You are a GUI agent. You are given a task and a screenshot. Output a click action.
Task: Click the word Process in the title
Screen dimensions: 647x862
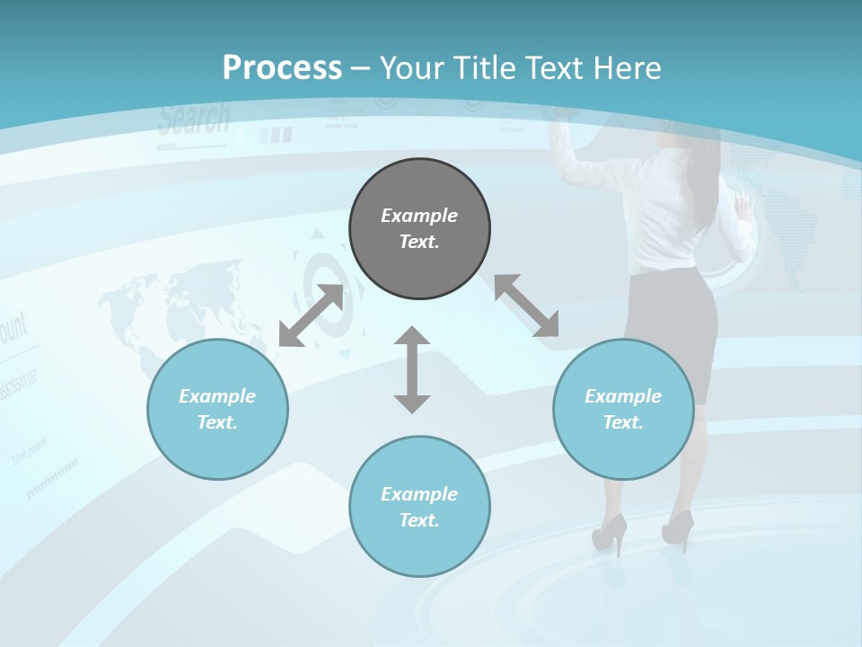[282, 67]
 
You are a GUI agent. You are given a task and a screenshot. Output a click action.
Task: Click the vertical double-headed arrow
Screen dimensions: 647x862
[412, 369]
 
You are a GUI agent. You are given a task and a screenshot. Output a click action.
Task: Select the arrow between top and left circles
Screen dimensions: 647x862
[311, 315]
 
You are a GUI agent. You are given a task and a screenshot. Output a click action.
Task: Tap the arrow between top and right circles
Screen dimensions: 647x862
[526, 306]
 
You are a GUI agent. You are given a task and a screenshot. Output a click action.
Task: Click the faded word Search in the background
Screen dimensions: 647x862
[194, 120]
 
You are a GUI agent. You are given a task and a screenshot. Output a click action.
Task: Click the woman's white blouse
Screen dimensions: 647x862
[669, 216]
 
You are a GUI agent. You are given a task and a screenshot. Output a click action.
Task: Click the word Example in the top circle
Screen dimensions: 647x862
[419, 216]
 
